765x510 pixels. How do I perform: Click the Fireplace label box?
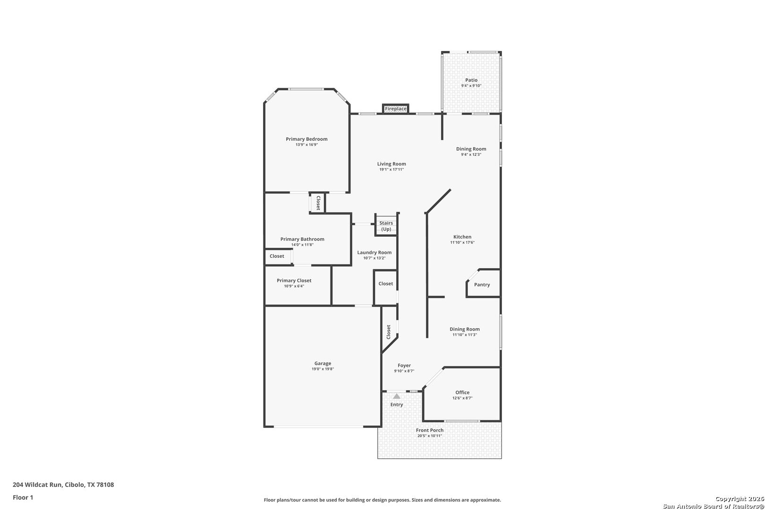(x=395, y=109)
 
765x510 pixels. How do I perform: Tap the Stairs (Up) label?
(x=386, y=226)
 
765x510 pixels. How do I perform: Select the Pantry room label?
(x=482, y=285)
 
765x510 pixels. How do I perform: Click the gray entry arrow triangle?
(x=397, y=396)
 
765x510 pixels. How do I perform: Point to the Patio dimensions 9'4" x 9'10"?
(x=471, y=86)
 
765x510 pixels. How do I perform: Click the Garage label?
(x=323, y=364)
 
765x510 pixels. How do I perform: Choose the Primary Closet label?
(x=294, y=280)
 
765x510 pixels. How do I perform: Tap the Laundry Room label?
(x=374, y=253)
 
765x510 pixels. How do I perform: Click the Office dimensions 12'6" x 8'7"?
(x=462, y=398)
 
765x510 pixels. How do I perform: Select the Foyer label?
(x=404, y=365)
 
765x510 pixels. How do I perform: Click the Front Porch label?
(x=429, y=430)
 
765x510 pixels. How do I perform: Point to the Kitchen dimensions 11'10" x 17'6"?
(x=462, y=243)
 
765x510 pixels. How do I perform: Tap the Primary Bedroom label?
(x=306, y=139)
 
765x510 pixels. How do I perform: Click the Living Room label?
(x=391, y=164)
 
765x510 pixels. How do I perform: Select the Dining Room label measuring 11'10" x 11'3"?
(x=465, y=329)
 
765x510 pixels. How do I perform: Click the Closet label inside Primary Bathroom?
(x=277, y=256)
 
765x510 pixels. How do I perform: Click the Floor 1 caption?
(x=23, y=497)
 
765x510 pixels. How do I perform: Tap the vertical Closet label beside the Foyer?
(x=389, y=331)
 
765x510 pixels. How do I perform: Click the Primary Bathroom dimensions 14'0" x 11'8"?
(x=302, y=245)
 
